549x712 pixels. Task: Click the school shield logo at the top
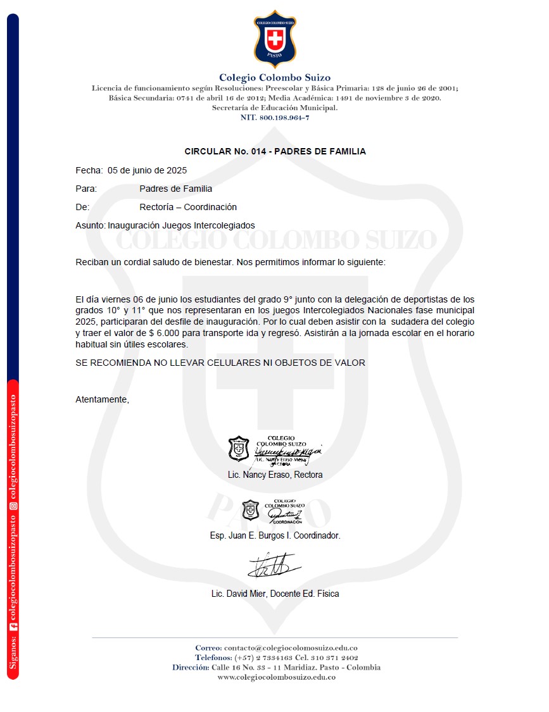click(x=275, y=39)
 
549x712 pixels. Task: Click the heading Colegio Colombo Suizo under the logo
click(x=275, y=78)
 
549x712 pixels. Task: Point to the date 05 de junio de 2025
click(x=147, y=170)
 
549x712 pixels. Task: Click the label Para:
click(x=86, y=189)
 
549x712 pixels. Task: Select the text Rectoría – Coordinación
click(x=188, y=207)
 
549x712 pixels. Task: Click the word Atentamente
click(x=102, y=399)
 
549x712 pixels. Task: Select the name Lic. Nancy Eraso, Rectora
click(x=275, y=475)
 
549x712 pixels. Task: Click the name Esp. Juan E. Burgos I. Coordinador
click(x=275, y=535)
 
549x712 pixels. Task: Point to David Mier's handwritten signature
click(x=273, y=565)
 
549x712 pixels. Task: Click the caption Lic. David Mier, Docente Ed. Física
click(x=275, y=594)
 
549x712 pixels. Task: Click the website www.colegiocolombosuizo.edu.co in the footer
click(x=276, y=677)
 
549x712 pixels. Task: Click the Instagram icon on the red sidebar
click(x=13, y=506)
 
